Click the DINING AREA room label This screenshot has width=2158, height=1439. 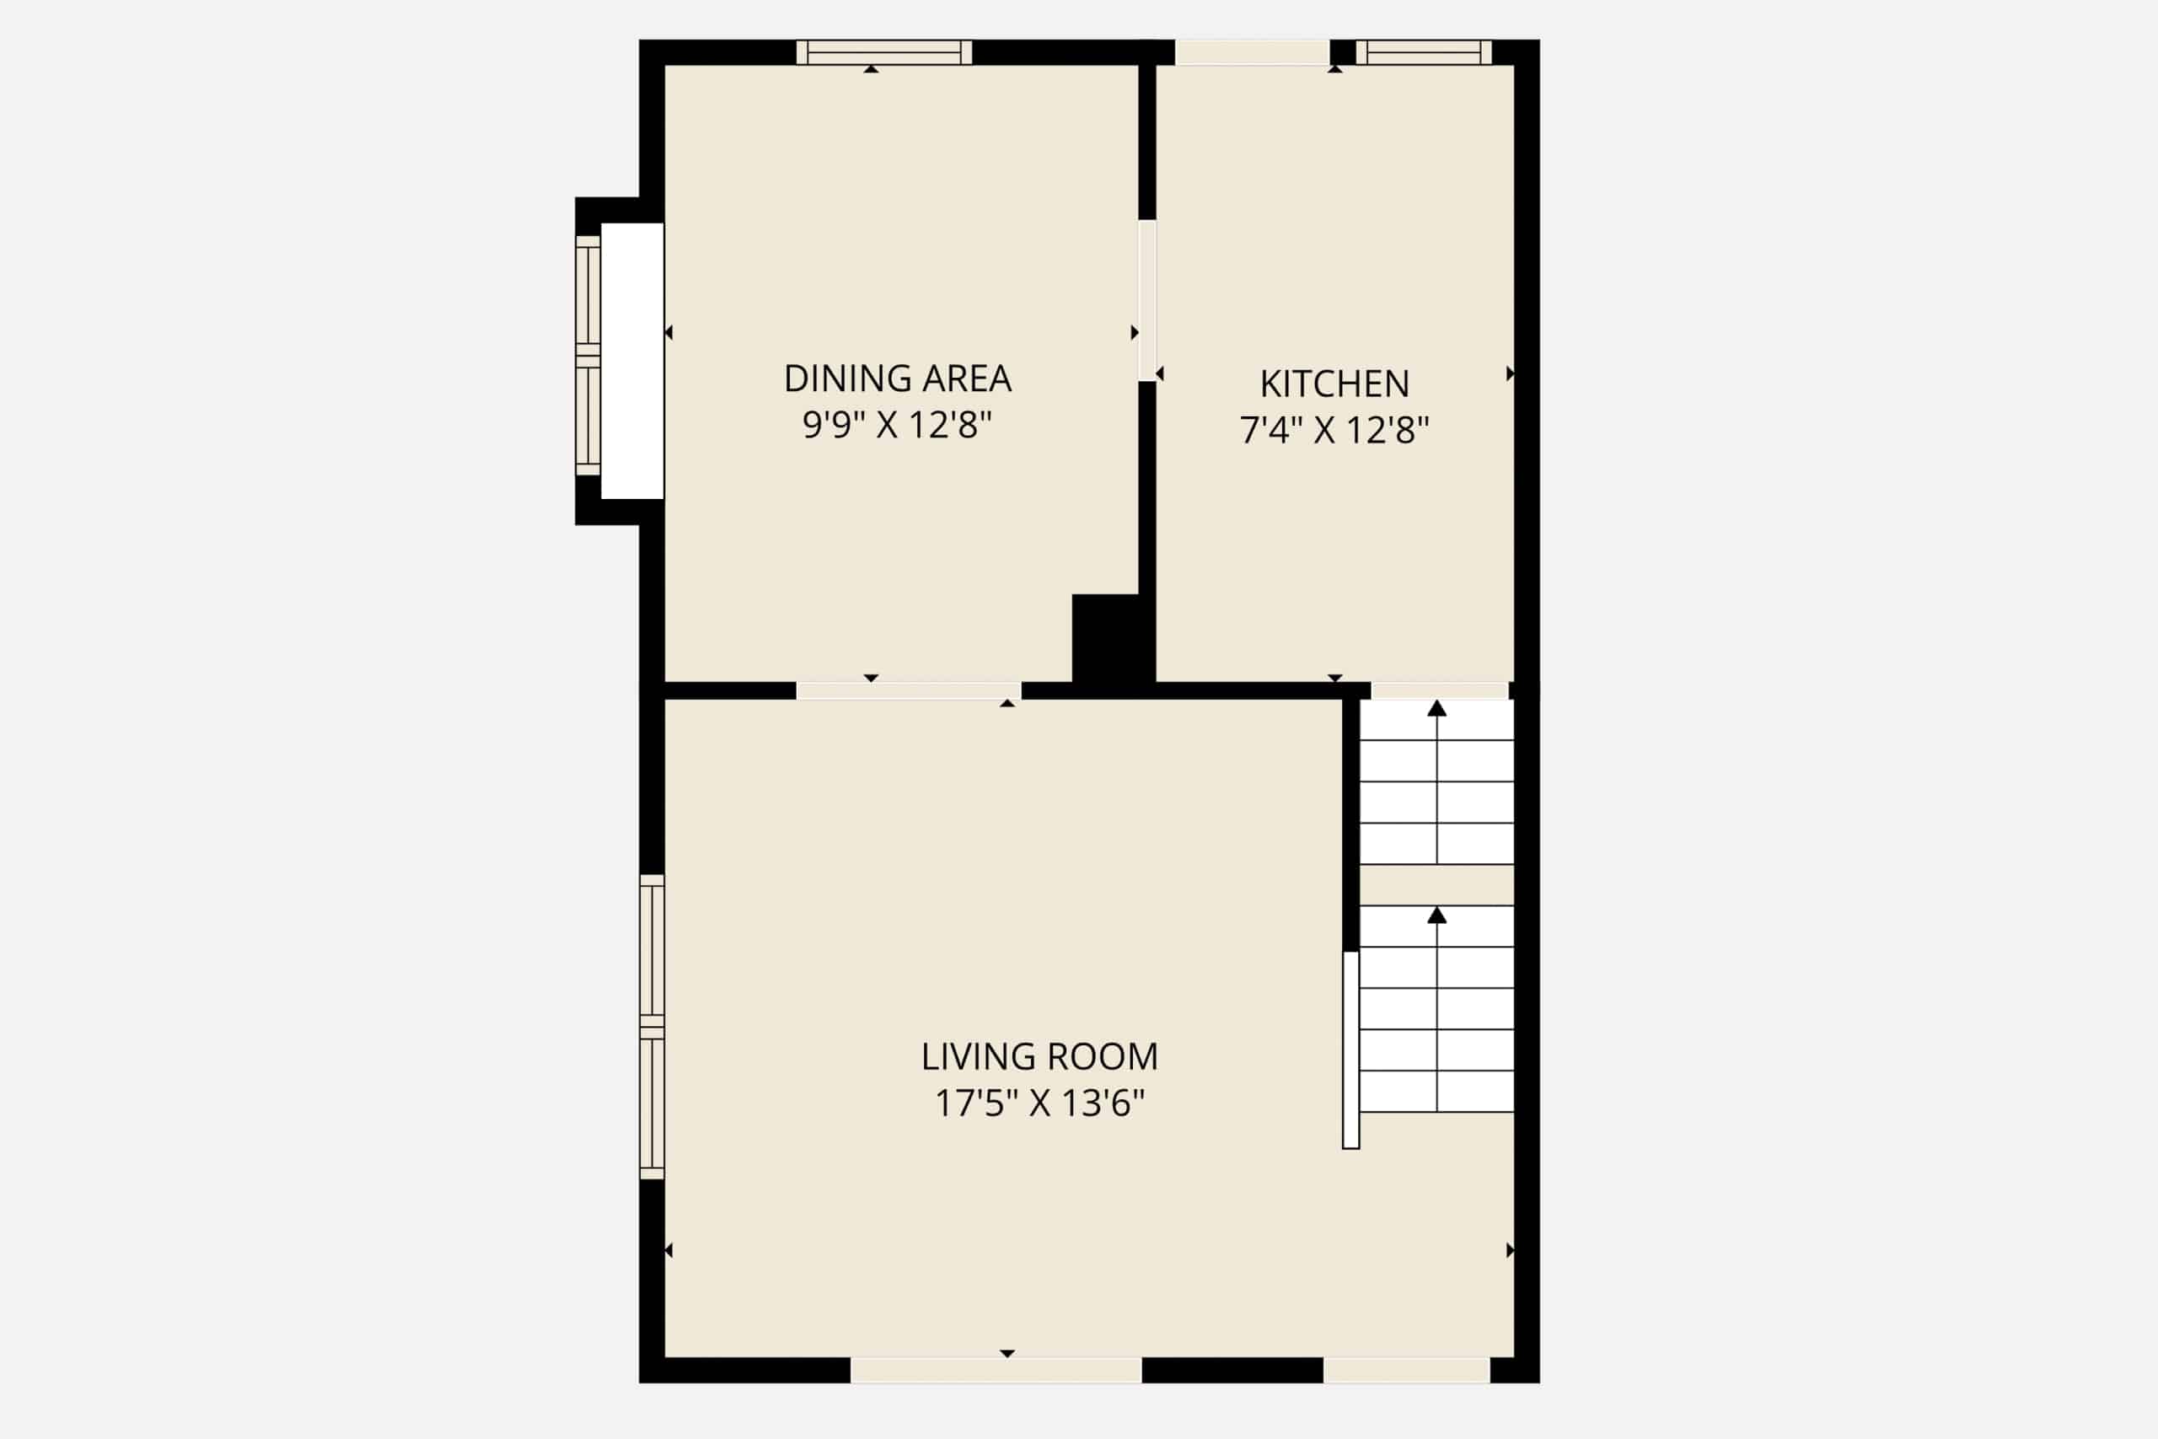[897, 379]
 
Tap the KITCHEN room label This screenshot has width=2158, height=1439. [1334, 384]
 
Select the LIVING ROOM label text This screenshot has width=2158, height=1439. [1039, 1056]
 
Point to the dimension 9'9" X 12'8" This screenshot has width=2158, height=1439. [897, 425]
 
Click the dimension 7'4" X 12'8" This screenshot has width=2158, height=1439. [1334, 429]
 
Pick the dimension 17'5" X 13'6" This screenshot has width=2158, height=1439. [1039, 1103]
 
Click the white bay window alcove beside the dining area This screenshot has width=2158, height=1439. [632, 361]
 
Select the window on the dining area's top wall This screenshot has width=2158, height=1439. [883, 52]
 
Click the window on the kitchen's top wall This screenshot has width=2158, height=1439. [1424, 52]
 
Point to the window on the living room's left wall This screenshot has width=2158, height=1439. [652, 1027]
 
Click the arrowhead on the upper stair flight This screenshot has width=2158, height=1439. [1436, 708]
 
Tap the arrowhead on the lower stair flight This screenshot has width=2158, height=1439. [1436, 915]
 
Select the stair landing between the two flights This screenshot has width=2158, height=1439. [1436, 884]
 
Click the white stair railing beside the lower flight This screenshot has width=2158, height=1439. [1350, 1050]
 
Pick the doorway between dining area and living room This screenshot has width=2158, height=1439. [909, 691]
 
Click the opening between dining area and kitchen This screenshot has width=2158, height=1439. [1147, 300]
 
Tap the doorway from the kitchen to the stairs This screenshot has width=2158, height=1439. [1440, 691]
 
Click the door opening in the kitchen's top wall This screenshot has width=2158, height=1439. [1253, 52]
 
